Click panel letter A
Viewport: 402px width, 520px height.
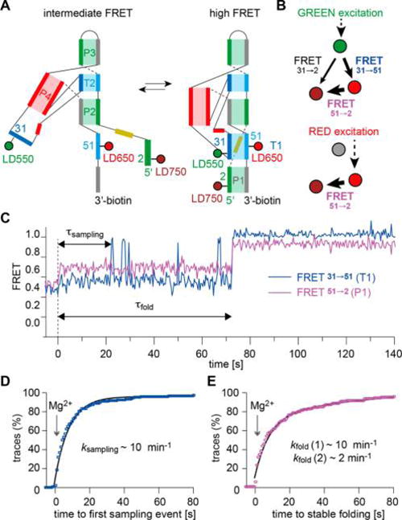click(7, 7)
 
